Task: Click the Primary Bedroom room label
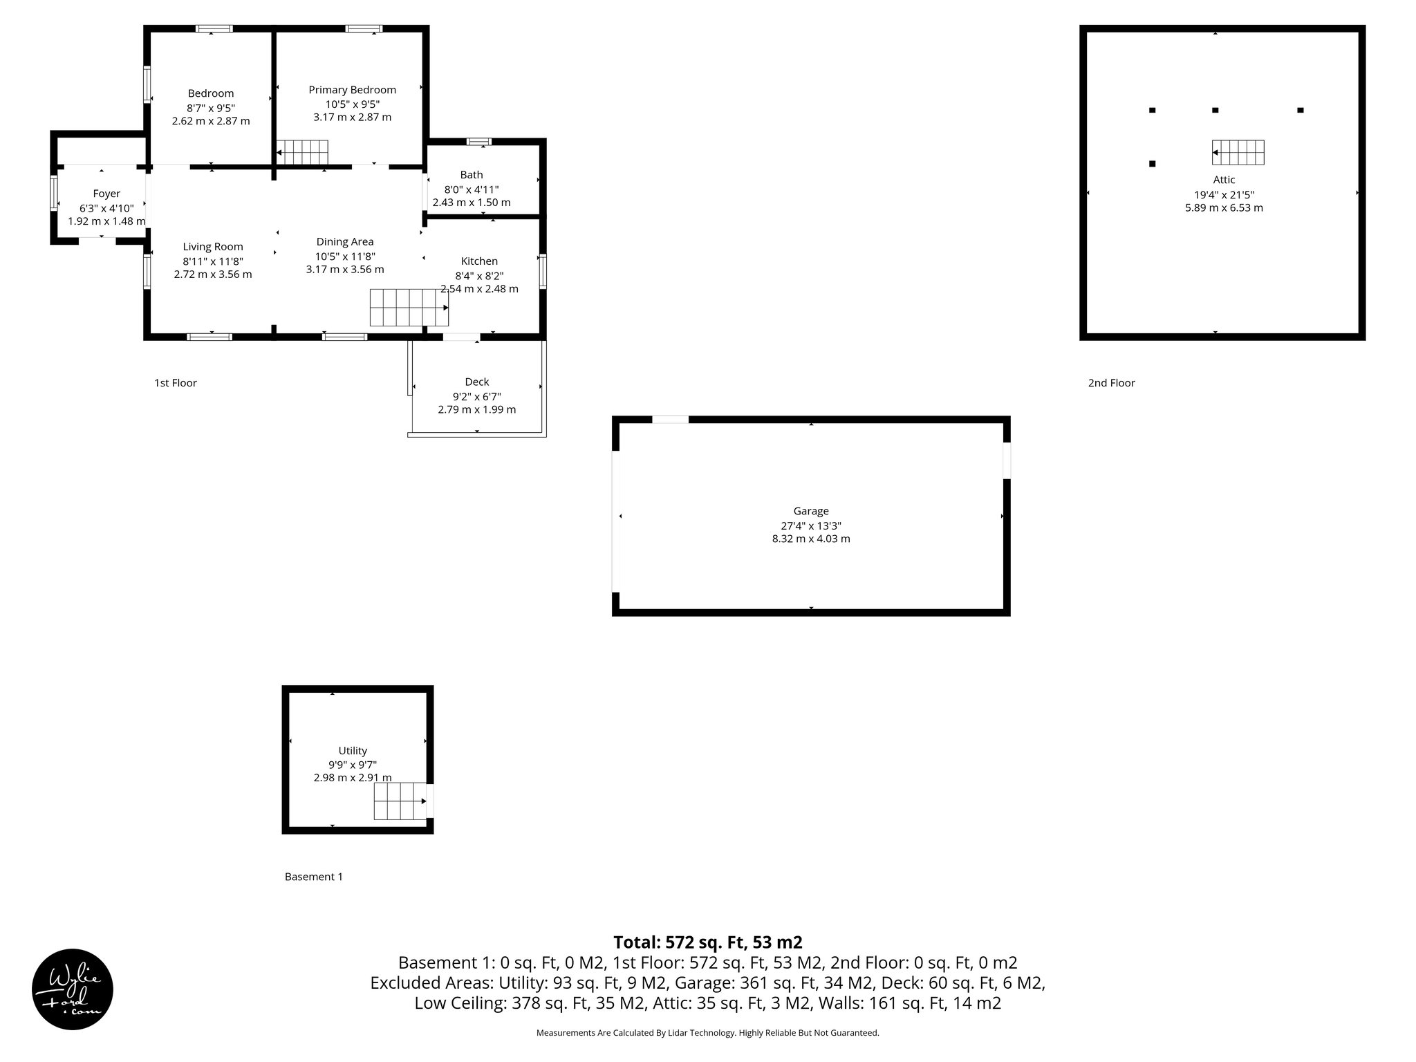pos(352,90)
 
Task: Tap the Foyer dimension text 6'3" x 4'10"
pos(106,208)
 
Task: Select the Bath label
pos(472,175)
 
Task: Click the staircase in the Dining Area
pos(409,308)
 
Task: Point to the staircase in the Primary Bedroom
pos(302,152)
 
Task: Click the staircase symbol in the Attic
pos(1238,153)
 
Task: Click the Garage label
pos(811,511)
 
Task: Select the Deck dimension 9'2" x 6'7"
pos(476,396)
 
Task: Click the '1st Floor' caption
pos(176,383)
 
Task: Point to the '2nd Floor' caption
pos(1111,383)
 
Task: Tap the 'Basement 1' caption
pos(314,877)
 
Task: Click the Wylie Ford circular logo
pos(73,989)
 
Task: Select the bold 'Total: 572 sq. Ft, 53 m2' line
pos(707,942)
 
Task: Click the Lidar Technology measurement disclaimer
pos(707,1033)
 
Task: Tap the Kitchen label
pos(479,261)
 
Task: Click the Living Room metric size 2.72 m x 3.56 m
pos(213,274)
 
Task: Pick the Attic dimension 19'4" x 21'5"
pos(1224,195)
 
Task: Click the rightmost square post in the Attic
pos(1300,110)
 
